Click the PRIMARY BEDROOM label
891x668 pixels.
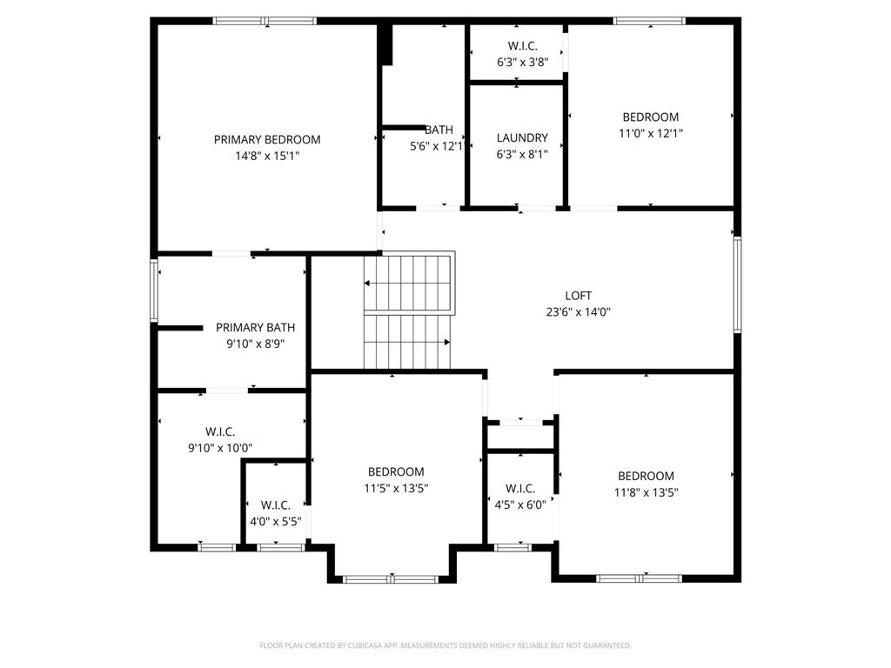(267, 140)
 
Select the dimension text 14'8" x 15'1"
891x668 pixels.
(267, 156)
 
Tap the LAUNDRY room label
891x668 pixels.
(522, 138)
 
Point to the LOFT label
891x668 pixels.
(579, 296)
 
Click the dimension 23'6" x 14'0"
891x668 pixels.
(579, 312)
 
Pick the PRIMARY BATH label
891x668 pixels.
(255, 328)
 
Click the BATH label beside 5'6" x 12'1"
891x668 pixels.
(439, 130)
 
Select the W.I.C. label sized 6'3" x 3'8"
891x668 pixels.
(522, 46)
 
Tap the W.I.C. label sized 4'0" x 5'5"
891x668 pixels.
(276, 505)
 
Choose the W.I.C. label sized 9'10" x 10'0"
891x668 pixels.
(220, 432)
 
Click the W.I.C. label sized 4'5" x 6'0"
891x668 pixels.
(520, 489)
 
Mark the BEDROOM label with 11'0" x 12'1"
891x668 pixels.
(651, 117)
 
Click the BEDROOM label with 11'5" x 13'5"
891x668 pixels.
(396, 472)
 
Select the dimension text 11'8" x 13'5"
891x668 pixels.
(646, 492)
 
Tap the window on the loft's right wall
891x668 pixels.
(737, 284)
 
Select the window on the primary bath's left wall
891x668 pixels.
(154, 291)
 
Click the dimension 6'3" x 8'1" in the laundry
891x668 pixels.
(522, 154)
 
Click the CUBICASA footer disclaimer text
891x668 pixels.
(445, 645)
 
